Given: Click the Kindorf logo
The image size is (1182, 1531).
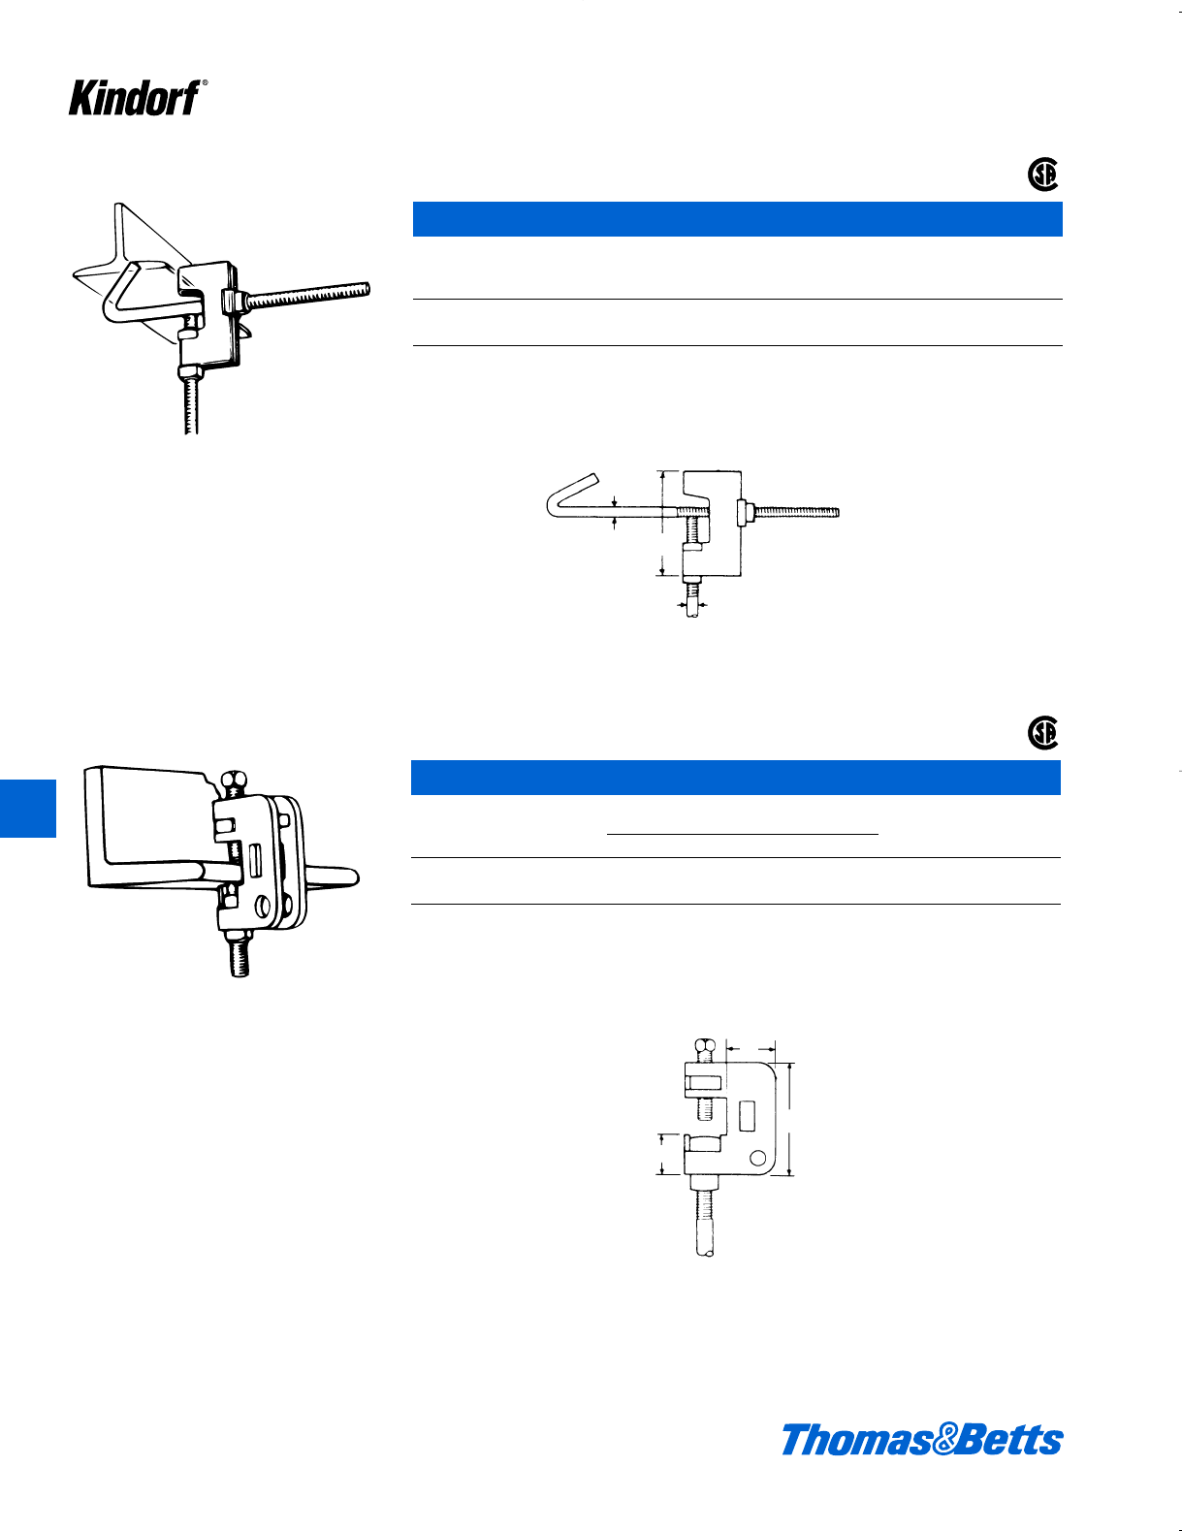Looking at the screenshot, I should (x=134, y=98).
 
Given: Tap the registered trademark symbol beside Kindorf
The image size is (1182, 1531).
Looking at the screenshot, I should (x=204, y=84).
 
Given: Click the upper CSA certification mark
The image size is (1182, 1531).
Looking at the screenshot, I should (x=1042, y=175).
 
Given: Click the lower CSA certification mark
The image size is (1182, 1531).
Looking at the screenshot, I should (x=1042, y=733).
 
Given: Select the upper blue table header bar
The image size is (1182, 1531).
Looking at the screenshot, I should (x=737, y=219).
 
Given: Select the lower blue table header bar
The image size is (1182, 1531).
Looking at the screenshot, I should (x=735, y=778).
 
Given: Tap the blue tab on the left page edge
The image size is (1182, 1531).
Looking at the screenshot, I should (x=27, y=808).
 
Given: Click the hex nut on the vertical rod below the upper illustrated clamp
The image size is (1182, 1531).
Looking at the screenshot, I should (x=190, y=371).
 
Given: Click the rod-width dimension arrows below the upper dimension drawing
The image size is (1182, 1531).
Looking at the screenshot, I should (x=691, y=605).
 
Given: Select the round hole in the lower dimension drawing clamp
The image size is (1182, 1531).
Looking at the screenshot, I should (x=758, y=1157).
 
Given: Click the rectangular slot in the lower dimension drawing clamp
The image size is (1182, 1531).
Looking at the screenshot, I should (x=747, y=1116).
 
